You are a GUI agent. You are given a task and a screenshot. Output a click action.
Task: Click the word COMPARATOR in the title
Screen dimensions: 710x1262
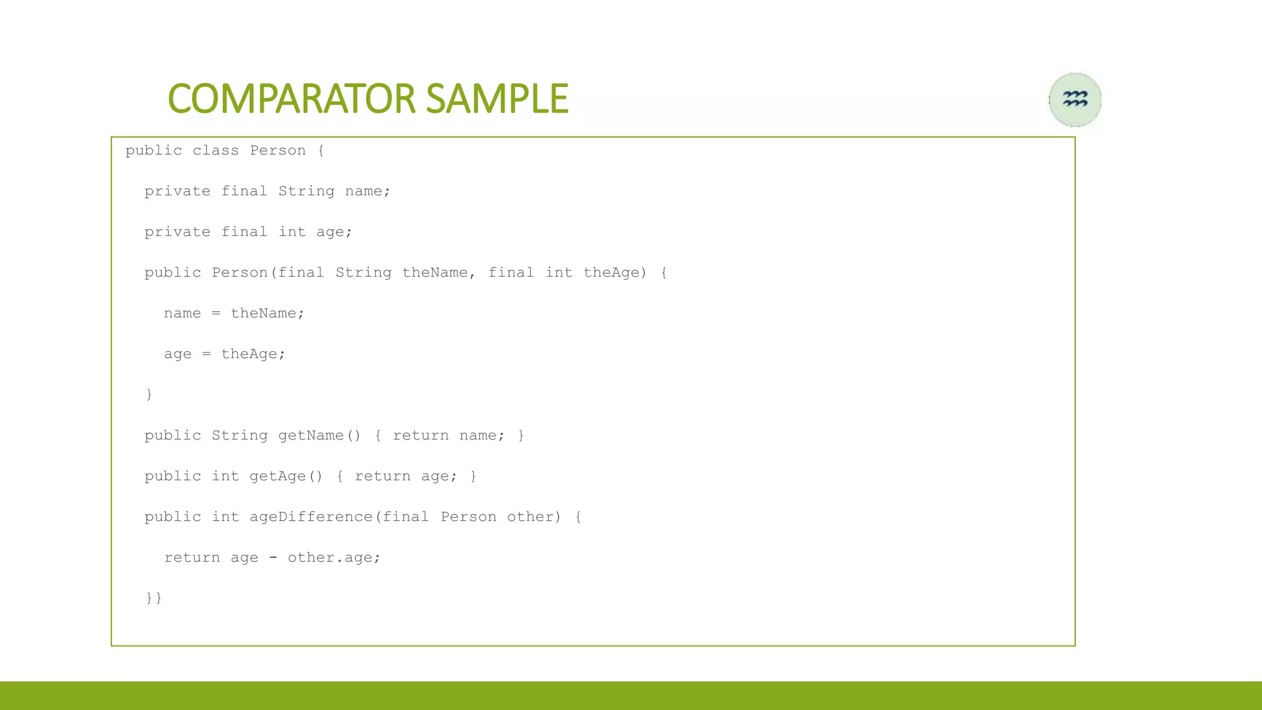[291, 99]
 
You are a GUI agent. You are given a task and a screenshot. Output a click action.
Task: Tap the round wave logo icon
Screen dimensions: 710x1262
[1075, 99]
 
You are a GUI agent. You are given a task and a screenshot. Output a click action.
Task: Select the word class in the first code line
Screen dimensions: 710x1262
[216, 150]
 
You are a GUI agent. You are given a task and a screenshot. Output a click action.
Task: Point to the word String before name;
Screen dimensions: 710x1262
[306, 191]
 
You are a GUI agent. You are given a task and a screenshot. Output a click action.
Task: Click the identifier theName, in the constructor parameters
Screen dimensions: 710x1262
[439, 272]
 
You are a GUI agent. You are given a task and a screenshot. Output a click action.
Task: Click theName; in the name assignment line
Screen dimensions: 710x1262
[267, 313]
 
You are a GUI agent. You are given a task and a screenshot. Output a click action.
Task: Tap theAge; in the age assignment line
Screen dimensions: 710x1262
[253, 354]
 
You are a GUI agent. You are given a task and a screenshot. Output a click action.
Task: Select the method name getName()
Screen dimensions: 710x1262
[319, 435]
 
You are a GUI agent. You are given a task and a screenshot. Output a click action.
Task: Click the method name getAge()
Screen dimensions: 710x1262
[286, 476]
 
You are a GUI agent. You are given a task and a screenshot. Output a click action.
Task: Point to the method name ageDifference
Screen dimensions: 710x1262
[311, 516]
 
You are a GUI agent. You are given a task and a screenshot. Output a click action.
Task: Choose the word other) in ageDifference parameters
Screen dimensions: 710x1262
[534, 516]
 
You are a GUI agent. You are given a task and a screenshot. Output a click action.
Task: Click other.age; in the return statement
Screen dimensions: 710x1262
[334, 557]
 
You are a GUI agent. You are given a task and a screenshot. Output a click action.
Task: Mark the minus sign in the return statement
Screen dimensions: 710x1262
[273, 558]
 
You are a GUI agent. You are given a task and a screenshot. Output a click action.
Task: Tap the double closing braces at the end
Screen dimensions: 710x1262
[154, 598]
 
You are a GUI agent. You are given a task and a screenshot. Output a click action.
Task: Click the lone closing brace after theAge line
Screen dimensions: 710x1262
[149, 394]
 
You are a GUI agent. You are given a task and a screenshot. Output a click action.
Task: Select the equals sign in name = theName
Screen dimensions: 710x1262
[216, 314]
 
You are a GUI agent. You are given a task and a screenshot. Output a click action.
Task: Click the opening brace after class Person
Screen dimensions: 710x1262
[321, 150]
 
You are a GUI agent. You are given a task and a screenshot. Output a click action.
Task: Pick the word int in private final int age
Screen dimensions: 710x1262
[292, 232]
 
